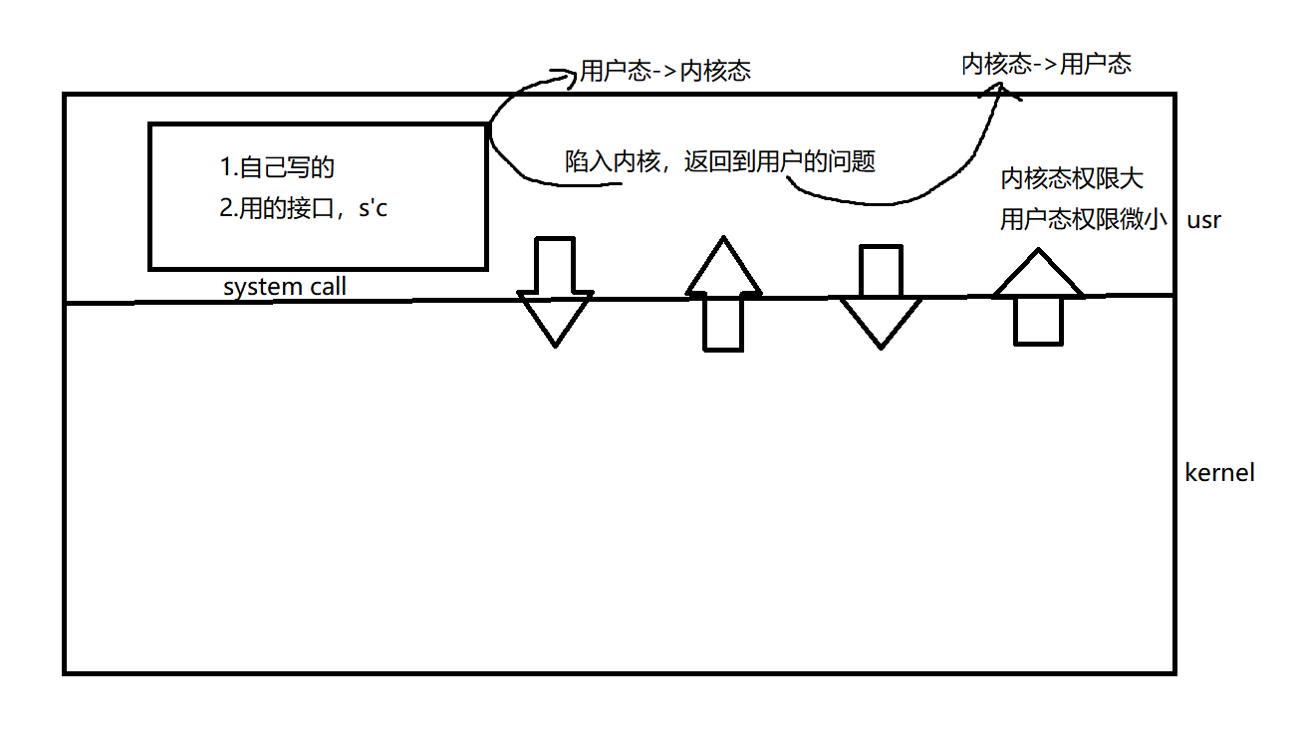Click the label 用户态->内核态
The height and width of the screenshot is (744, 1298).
coord(664,71)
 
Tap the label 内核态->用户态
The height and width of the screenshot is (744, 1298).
coord(1046,65)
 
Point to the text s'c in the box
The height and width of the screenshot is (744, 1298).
coord(372,210)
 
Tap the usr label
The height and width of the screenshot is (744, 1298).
coord(1203,220)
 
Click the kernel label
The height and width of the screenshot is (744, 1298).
coord(1219,472)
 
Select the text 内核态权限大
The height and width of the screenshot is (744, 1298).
coord(1072,179)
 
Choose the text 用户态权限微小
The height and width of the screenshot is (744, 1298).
coord(1084,220)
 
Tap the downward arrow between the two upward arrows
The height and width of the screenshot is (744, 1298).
coord(880,296)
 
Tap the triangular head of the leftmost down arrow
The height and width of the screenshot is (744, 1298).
coord(555,318)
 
